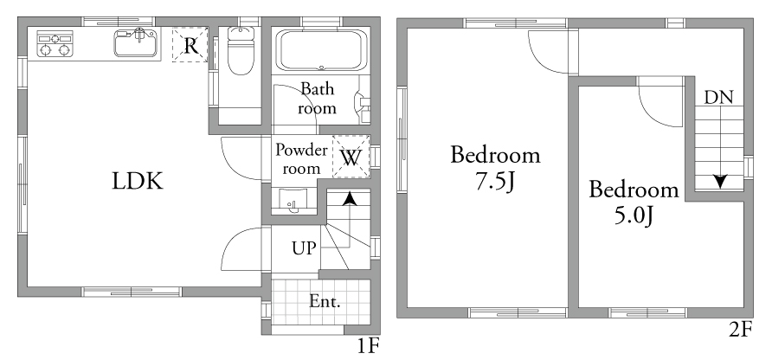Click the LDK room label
point(138,181)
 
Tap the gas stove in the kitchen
point(55,44)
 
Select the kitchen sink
point(137,42)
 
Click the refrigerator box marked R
point(190,45)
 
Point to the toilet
point(241,51)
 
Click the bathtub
point(321,51)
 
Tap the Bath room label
point(317,99)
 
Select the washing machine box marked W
point(351,157)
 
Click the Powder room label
point(301,158)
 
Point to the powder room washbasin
point(293,202)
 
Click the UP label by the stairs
point(303,248)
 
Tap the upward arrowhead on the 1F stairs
point(350,198)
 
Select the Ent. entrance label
point(325,301)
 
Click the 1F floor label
point(368,347)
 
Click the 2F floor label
point(741,330)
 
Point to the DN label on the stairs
point(719,98)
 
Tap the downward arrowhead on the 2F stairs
point(721,181)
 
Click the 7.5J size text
point(495,182)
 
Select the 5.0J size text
point(634,215)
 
